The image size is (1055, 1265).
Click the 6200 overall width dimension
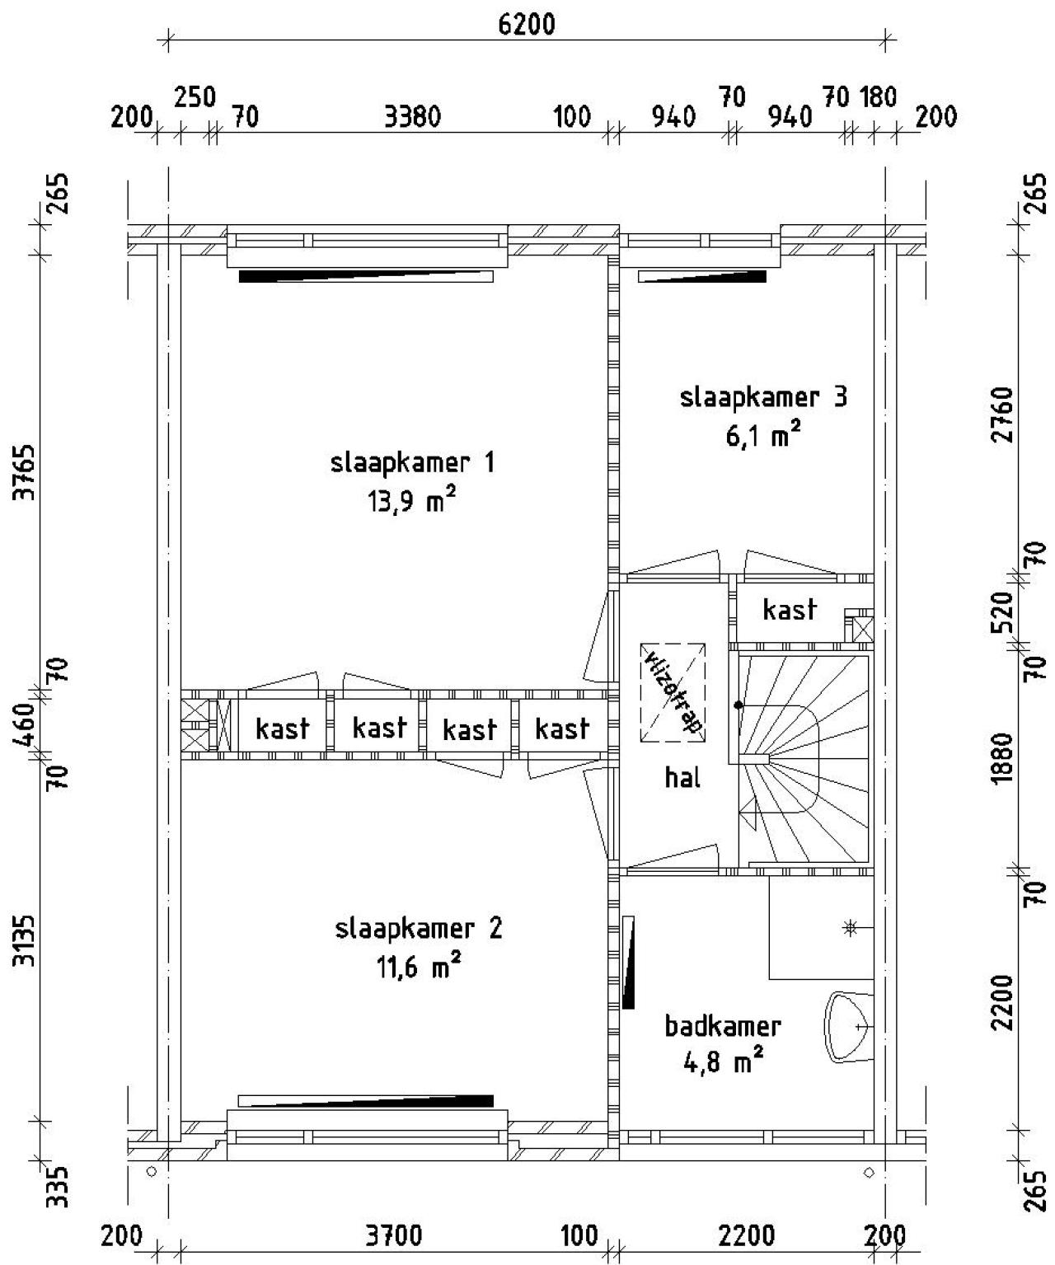527,25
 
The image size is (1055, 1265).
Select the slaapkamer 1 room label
412,462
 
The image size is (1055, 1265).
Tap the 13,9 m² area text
412,501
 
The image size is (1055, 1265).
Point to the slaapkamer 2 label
419,929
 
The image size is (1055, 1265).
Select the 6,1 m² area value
763,435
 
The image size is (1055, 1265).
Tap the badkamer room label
723,1026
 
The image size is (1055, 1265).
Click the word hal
682,777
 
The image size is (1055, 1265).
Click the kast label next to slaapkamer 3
790,610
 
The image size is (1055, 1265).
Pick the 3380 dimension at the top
413,118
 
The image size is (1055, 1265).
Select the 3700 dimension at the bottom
394,1236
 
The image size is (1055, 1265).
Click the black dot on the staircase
739,705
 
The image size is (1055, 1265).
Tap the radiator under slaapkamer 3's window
702,277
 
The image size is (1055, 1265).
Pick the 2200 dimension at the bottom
747,1236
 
